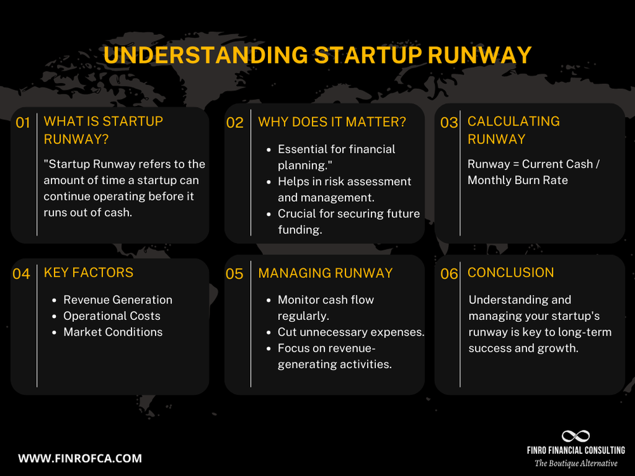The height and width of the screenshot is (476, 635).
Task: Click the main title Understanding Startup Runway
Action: tap(317, 55)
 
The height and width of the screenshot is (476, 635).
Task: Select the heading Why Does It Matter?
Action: tap(332, 122)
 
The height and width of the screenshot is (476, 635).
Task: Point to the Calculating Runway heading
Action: tap(513, 130)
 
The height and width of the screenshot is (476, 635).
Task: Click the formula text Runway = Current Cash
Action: tap(533, 164)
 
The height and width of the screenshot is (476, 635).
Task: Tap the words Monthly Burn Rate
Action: tap(518, 180)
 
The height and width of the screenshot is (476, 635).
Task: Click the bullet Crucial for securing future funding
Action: tap(349, 221)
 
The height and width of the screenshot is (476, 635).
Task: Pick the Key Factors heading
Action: tap(88, 273)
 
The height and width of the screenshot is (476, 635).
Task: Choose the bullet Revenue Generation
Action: tap(117, 300)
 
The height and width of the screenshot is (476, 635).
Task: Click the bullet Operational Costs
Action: tap(112, 316)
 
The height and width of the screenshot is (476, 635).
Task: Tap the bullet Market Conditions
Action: tap(113, 332)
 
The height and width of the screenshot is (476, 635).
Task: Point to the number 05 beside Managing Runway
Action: tap(234, 274)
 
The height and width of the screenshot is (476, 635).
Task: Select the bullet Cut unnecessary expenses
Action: tap(351, 332)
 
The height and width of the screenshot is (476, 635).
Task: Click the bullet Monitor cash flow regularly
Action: tap(326, 308)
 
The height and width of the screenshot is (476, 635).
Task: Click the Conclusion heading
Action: tap(511, 273)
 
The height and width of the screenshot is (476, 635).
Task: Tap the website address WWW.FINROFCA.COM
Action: tap(80, 458)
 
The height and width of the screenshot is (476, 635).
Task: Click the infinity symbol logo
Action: tap(575, 437)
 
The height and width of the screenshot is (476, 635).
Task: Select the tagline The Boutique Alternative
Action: tap(575, 464)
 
